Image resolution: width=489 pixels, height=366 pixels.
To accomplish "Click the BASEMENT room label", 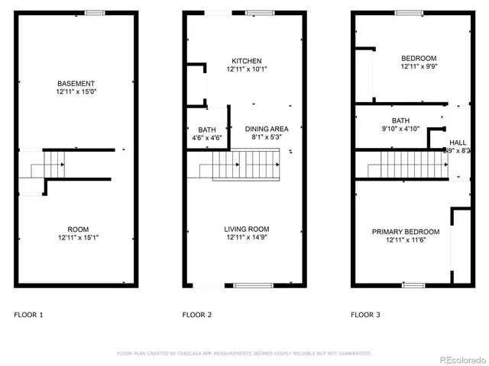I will [x=75, y=83].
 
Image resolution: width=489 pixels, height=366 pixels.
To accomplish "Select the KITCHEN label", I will [x=247, y=61].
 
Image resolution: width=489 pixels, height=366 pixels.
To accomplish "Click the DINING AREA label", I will [x=267, y=130].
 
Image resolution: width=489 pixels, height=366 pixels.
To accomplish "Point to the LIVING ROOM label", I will [x=246, y=230].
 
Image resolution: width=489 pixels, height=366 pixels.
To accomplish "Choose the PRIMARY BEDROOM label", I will [x=406, y=232].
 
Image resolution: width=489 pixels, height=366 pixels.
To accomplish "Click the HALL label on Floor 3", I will [x=458, y=143].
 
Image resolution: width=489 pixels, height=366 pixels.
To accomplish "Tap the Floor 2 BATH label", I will [x=206, y=130].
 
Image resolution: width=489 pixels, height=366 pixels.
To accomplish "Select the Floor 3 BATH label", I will [x=400, y=120].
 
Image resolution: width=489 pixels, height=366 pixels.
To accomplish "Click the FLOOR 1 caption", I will [x=29, y=314].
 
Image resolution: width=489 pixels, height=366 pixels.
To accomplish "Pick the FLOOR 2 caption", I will [x=197, y=314].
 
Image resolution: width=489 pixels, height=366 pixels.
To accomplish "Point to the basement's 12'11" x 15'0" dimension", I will [x=75, y=91].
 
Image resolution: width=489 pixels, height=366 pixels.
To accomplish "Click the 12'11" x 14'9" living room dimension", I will [x=246, y=238].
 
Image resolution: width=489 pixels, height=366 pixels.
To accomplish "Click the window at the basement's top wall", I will [x=95, y=12].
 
